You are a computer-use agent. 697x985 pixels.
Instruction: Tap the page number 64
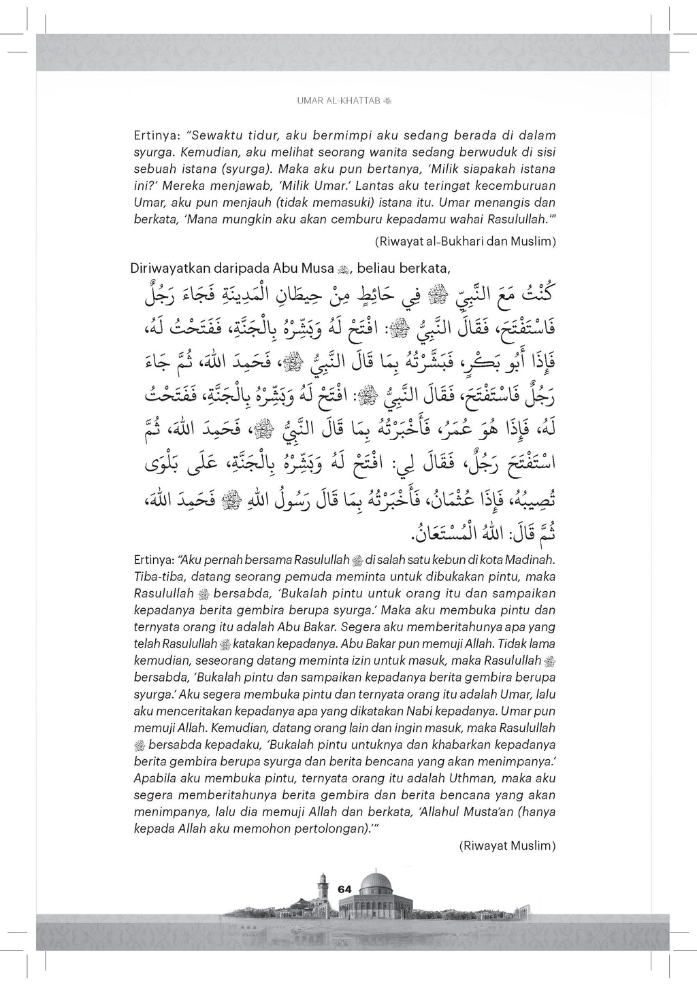344,889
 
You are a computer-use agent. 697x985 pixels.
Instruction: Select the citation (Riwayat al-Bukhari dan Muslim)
465,241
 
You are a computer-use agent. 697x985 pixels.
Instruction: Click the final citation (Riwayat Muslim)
508,846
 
